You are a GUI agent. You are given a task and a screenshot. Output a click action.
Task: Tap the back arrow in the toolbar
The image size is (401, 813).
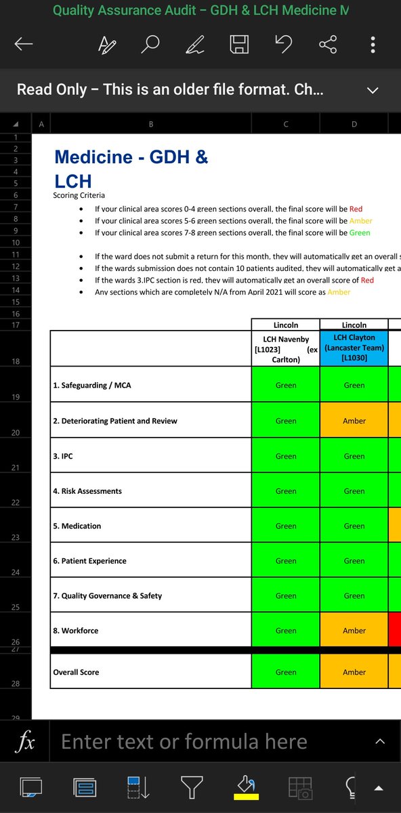tap(24, 45)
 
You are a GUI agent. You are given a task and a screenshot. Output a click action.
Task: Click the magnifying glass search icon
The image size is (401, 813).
tap(150, 45)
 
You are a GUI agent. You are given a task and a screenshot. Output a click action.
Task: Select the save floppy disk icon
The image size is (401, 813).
tap(239, 45)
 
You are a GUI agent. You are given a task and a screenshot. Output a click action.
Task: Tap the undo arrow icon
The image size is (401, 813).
tap(283, 45)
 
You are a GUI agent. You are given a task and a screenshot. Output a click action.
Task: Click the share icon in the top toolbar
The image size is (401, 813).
tap(328, 45)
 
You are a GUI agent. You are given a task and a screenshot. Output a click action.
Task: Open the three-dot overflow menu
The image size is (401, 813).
tap(373, 45)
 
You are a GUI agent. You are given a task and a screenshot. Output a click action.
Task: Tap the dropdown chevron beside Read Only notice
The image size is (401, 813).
tap(372, 89)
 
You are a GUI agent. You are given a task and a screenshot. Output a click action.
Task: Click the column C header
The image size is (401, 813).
tap(286, 123)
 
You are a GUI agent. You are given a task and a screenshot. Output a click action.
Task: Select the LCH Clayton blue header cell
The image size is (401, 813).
tap(354, 348)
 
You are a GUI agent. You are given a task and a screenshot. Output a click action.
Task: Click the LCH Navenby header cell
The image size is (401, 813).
tap(286, 348)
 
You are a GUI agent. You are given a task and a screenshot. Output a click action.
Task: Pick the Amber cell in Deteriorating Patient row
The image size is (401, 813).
tap(354, 421)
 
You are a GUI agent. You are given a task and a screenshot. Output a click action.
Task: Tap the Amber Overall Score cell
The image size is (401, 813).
tap(354, 672)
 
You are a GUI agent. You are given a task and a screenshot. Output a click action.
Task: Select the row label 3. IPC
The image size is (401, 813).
tap(63, 456)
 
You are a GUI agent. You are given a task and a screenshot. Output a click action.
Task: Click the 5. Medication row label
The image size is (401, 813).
tap(77, 526)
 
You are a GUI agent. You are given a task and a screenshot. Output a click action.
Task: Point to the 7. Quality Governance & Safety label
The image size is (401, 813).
tap(107, 596)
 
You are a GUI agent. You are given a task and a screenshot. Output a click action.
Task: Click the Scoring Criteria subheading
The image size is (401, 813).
tap(79, 195)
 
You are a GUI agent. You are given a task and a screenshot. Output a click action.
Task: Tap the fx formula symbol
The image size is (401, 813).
tap(26, 741)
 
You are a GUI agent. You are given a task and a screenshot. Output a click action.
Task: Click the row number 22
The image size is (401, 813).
tap(15, 502)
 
